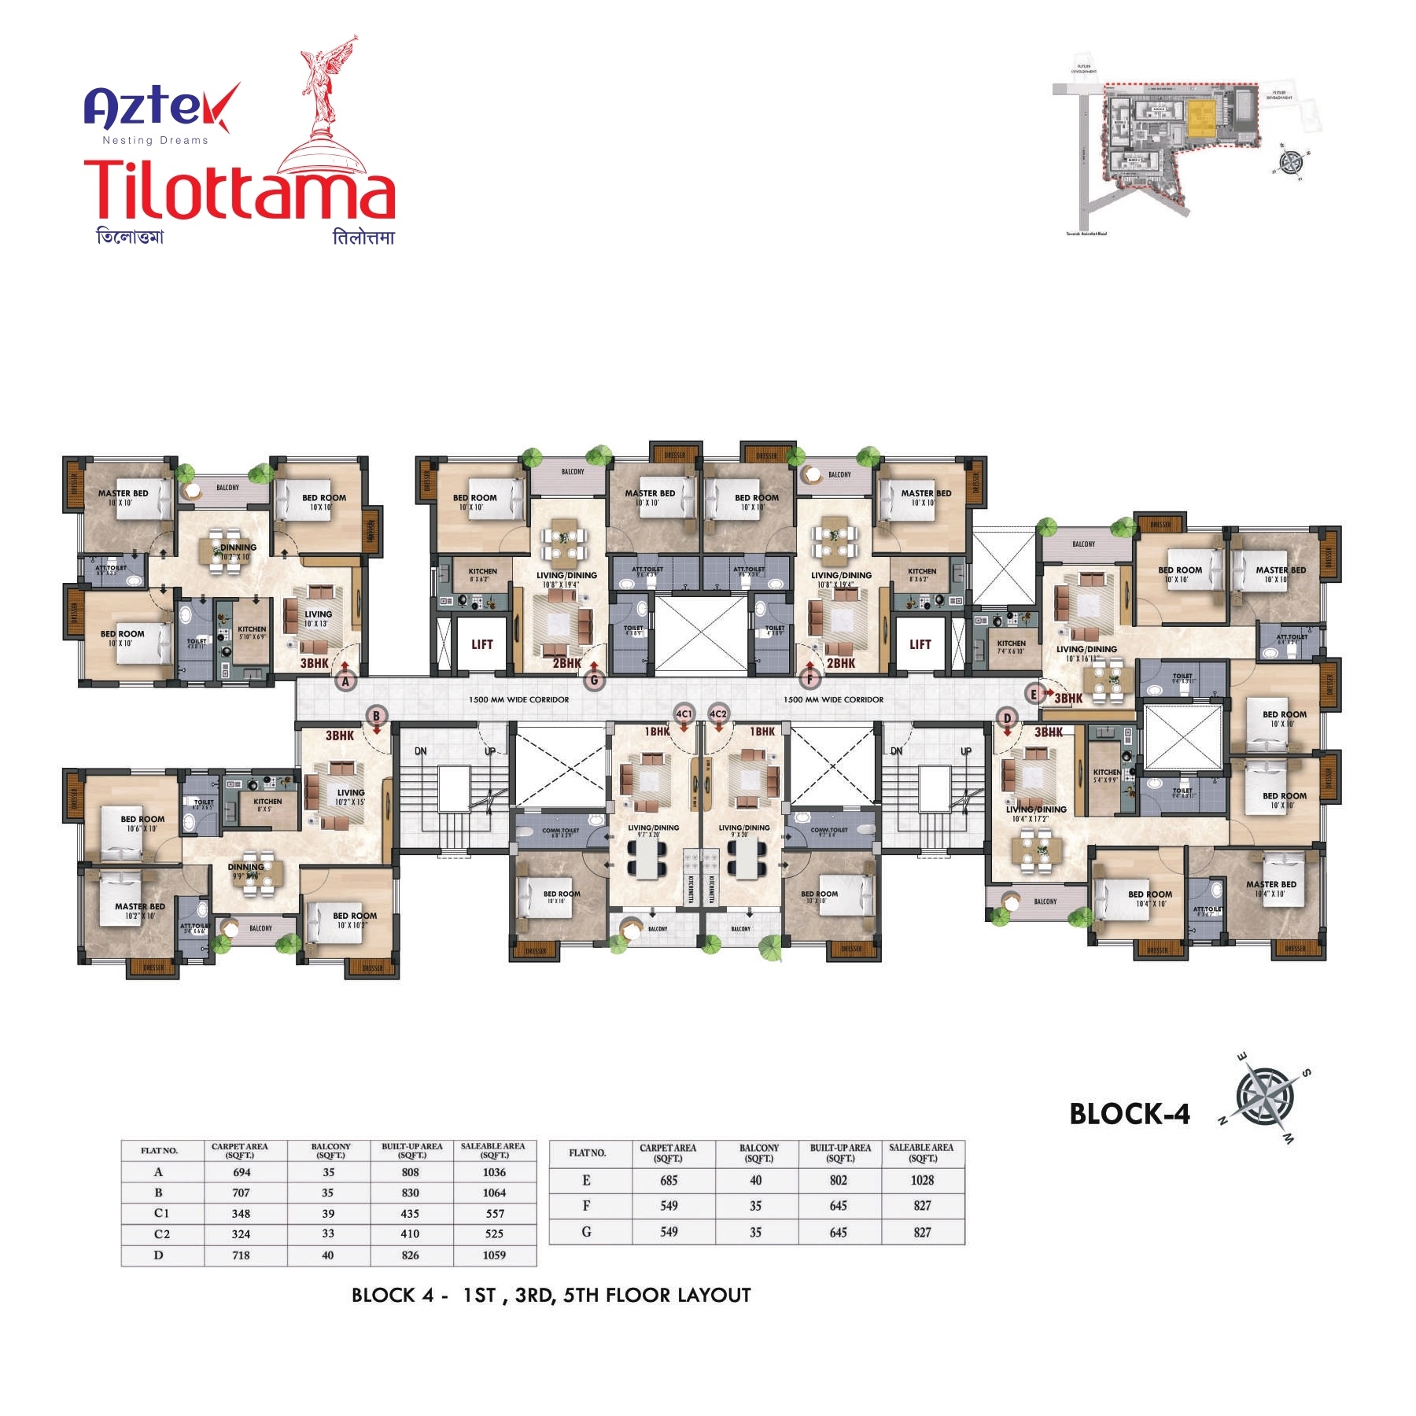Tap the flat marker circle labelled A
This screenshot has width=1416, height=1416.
pos(345,681)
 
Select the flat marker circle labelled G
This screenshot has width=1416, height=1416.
pos(595,680)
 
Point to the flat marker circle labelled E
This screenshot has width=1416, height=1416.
pos(1034,694)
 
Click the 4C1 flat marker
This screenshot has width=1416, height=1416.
pos(684,714)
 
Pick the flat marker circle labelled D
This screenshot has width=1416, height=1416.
pos(1007,717)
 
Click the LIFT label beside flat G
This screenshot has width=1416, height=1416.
pos(481,644)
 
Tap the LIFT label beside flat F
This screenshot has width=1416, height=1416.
pos(920,644)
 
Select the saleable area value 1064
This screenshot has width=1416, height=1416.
pos(494,1193)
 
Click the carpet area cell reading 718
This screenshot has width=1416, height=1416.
pos(241,1256)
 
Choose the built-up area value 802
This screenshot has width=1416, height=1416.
pos(839,1180)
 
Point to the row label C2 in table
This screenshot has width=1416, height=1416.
pos(161,1234)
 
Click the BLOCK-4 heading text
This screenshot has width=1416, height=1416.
pos(1129,1114)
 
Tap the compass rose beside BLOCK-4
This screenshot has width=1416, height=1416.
pos(1265,1096)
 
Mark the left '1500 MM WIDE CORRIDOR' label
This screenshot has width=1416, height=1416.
pos(518,699)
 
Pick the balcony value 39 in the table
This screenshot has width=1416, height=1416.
pos(328,1214)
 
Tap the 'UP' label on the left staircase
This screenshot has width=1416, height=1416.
pos(489,751)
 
